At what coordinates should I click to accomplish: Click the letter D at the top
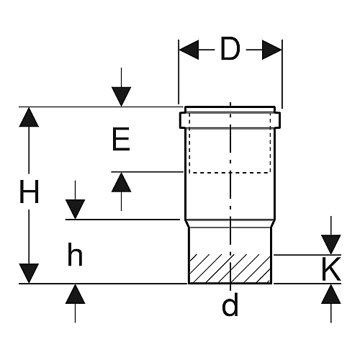230,49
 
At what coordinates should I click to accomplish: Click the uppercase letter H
29,192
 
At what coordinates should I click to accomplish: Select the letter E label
121,139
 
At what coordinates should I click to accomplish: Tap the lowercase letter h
75,254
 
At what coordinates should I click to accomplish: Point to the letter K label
331,269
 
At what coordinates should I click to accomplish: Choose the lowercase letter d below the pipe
230,304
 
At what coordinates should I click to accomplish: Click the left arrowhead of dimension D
189,50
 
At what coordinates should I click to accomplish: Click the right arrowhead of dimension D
272,50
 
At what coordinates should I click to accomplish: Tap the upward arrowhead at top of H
29,117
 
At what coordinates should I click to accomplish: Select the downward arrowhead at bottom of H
29,274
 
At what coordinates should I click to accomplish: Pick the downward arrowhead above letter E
121,96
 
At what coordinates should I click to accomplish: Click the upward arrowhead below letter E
121,182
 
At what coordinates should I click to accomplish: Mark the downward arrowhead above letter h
75,210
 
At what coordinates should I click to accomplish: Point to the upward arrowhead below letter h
75,294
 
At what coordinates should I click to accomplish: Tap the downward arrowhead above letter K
331,245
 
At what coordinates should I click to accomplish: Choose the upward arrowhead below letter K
331,294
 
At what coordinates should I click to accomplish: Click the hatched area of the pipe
230,269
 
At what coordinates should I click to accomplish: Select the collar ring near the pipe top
230,120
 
